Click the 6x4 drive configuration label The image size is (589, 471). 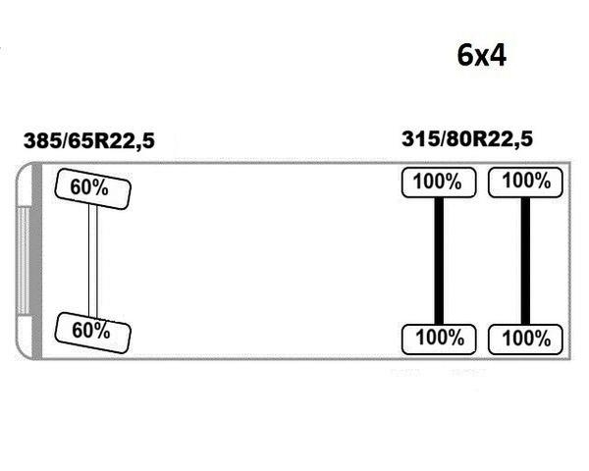click(482, 56)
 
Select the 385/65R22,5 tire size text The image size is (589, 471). click(89, 141)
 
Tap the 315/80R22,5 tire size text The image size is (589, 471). click(467, 139)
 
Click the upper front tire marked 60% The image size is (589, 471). click(93, 189)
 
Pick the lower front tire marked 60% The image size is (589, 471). click(93, 333)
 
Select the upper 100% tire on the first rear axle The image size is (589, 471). click(439, 183)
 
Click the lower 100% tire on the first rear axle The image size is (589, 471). click(439, 340)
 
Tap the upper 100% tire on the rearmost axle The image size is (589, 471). click(525, 183)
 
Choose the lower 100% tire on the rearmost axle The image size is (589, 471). click(525, 340)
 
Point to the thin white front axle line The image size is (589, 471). click(93, 261)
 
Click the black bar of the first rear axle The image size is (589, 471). click(439, 261)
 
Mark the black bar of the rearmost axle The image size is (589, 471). click(525, 261)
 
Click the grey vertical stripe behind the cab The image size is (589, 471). click(36, 261)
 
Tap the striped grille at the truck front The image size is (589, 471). click(24, 261)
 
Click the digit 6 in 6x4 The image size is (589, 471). click(465, 56)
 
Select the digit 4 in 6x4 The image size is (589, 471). click(498, 56)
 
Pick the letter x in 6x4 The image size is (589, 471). click(481, 58)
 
